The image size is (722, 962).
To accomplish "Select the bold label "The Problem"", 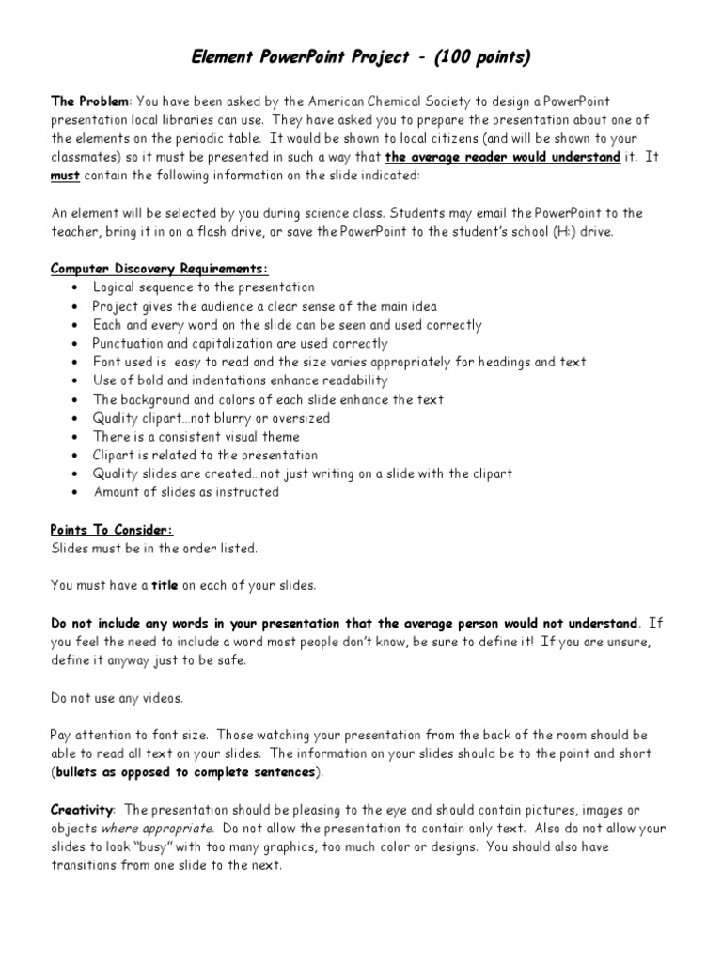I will tap(88, 101).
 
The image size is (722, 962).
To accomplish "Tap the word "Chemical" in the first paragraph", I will tap(356, 101).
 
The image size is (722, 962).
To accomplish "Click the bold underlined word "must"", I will tap(65, 176).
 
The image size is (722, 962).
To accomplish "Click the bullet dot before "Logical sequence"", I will tap(74, 287).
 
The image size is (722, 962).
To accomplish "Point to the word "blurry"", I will tap(233, 418).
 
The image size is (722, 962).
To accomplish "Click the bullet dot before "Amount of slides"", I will tap(74, 492).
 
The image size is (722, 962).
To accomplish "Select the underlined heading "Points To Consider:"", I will tap(112, 530).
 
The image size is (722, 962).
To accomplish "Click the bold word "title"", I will tap(165, 585).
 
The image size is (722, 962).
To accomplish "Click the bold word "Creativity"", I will tap(83, 809).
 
